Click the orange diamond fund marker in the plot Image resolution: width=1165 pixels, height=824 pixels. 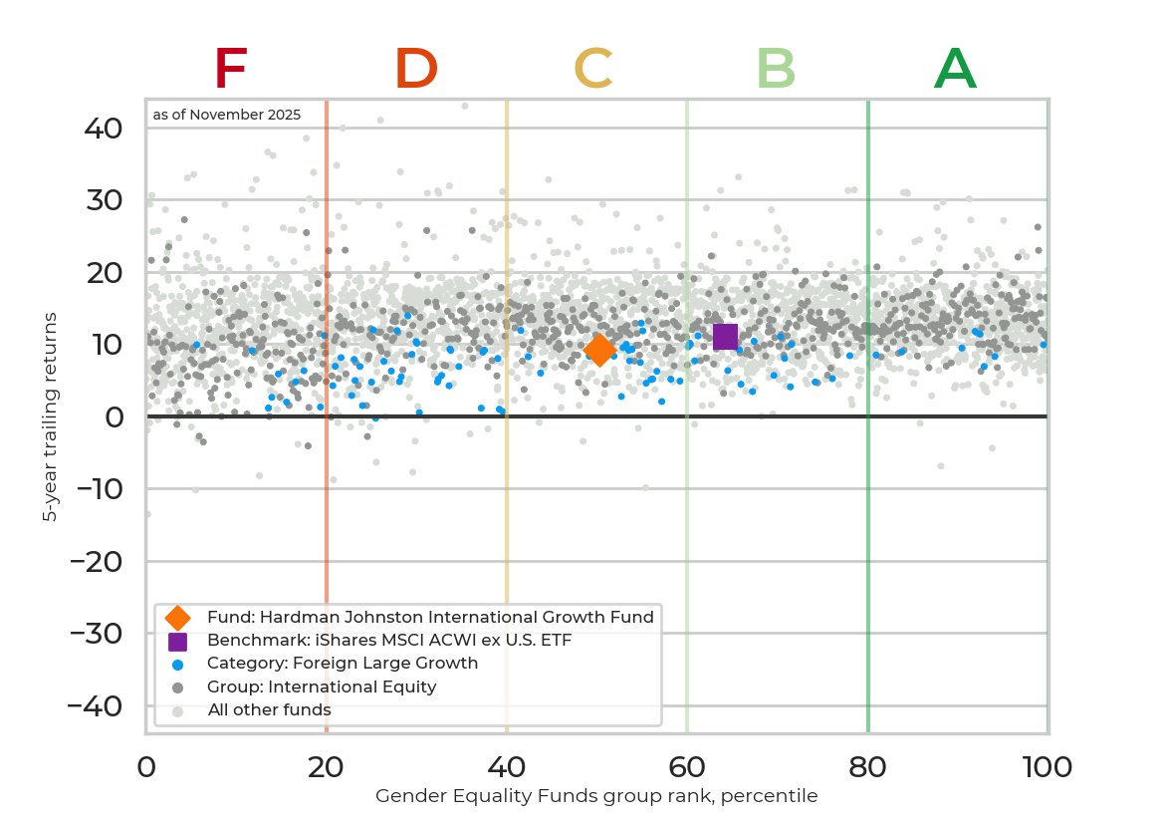pos(598,350)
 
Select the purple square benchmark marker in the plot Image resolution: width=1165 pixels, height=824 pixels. pos(725,337)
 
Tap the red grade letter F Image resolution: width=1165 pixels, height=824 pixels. pos(230,70)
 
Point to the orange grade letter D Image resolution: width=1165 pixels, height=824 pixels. pos(416,70)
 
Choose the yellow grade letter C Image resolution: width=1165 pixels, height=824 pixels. pos(593,70)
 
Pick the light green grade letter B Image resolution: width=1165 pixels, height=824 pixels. pos(776,70)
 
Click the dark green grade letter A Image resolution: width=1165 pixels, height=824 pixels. pos(955,70)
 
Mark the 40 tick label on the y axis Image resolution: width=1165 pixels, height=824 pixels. pos(103,129)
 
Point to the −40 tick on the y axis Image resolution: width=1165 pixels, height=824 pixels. pos(96,706)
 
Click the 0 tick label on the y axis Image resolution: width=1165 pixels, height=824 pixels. pos(115,417)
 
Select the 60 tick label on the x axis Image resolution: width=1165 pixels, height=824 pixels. pos(687,767)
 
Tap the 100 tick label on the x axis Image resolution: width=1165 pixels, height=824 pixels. pos(1047,767)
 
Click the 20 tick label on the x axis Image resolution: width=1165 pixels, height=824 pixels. pos(326,767)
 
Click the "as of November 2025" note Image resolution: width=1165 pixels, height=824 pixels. pos(227,116)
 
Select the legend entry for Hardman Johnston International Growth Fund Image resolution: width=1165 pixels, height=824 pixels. pos(430,617)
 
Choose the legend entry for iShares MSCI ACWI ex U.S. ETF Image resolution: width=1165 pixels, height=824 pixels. pos(389,640)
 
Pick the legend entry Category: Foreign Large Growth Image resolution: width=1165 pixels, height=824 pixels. pos(343,664)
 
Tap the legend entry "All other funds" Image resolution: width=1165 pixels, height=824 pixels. pos(269,710)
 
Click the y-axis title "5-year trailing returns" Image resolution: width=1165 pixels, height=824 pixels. pos(49,416)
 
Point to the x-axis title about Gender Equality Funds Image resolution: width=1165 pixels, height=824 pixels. pos(596,796)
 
